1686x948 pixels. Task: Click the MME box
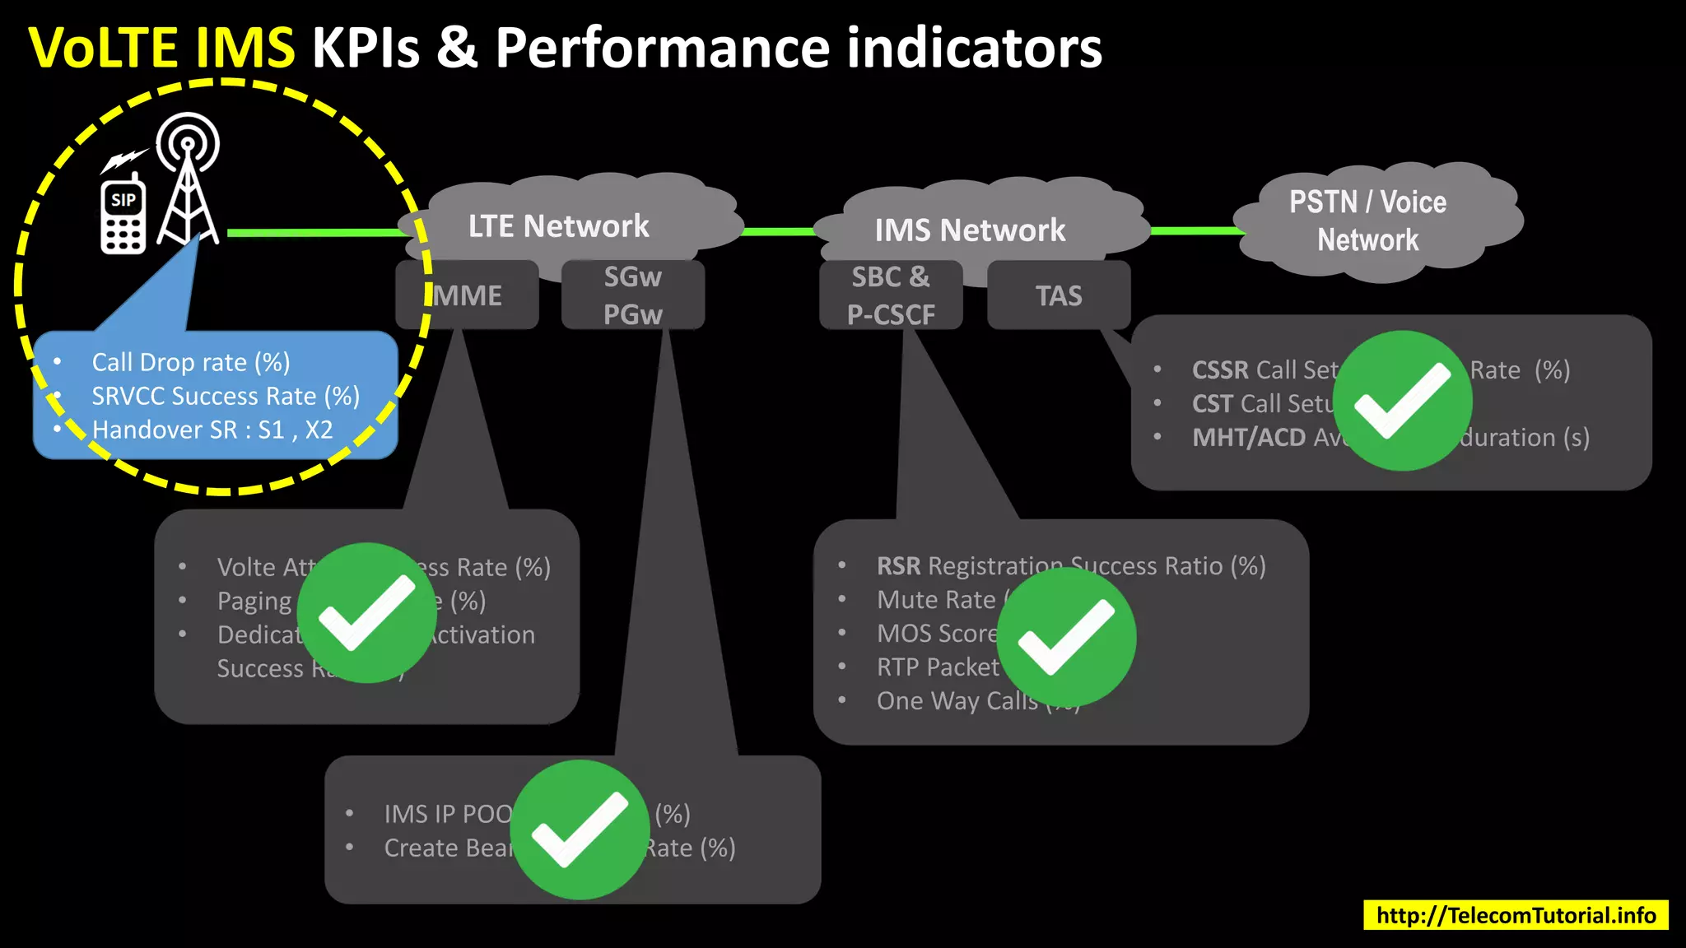[468, 295]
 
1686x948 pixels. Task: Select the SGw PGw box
[632, 295]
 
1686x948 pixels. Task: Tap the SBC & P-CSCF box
[891, 295]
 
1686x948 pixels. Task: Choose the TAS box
[1059, 295]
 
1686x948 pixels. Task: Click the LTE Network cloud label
[558, 225]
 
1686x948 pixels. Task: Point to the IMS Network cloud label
[970, 230]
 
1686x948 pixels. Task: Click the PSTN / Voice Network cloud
[1367, 221]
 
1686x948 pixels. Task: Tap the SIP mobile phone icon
[123, 216]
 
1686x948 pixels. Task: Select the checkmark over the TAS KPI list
[1403, 401]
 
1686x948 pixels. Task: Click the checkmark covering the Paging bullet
[366, 612]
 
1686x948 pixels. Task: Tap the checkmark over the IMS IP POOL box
[580, 829]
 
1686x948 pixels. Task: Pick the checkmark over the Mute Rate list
[1066, 637]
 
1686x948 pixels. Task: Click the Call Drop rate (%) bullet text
[190, 362]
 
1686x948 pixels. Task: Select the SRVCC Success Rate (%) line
[226, 396]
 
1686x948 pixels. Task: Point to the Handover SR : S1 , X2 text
[212, 430]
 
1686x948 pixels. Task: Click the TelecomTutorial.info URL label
[1516, 915]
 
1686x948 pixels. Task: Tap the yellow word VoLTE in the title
[103, 48]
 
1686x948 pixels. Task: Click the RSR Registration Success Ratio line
[1070, 566]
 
